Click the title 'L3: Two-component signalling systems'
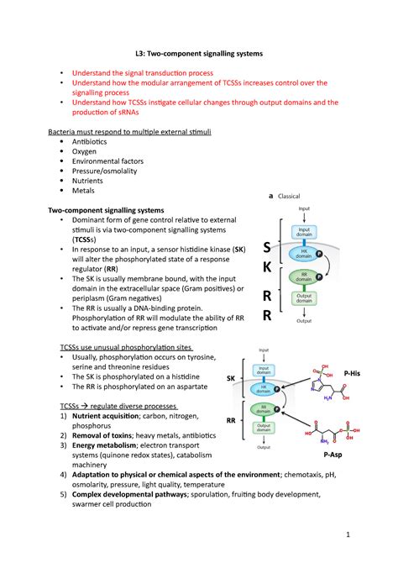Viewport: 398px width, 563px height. pos(200,54)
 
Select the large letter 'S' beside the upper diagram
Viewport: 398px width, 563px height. pos(267,248)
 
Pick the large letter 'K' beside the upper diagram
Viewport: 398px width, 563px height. pos(267,268)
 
